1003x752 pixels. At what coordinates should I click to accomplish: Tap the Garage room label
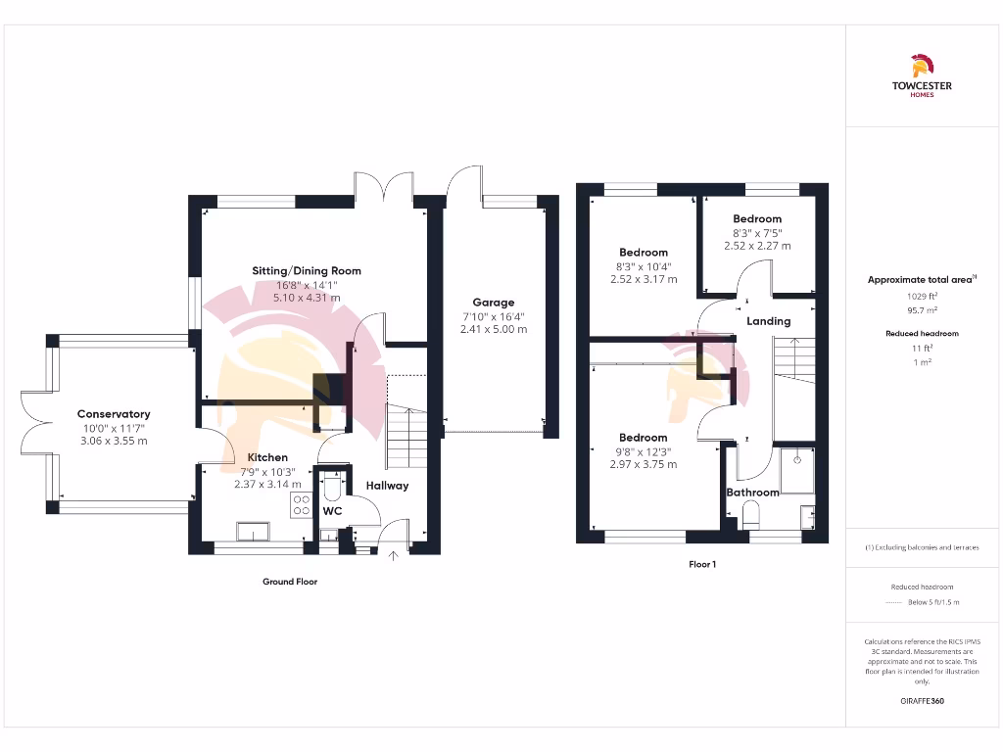coord(493,303)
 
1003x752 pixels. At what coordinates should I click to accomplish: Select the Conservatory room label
coord(114,414)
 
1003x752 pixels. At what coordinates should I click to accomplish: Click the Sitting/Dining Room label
coord(307,271)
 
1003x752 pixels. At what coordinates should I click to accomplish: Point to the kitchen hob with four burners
coord(301,504)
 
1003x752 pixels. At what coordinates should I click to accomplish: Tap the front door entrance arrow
coord(395,557)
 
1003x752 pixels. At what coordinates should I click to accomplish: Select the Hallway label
coord(387,486)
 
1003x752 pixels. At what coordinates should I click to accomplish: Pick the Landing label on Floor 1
coord(768,321)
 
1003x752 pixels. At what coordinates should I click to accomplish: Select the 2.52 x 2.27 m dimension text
coord(757,246)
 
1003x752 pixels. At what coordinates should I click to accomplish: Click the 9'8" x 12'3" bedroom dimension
coord(643,451)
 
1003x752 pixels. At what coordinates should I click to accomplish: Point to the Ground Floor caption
coord(290,582)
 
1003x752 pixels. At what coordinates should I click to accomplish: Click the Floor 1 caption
coord(701,564)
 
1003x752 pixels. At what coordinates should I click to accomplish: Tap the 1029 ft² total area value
coord(921,295)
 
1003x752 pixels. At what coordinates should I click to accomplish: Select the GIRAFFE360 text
coord(921,701)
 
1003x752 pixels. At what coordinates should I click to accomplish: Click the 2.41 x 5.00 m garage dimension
coord(493,330)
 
